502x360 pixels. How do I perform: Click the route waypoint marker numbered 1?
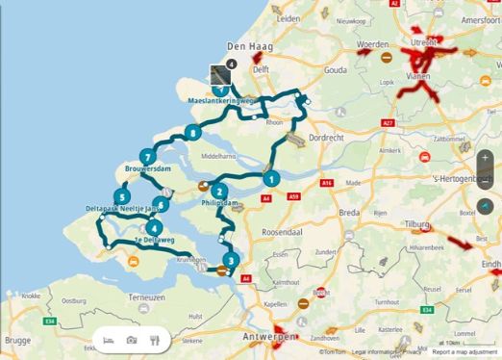point(271,178)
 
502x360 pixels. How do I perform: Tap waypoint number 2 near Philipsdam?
point(219,191)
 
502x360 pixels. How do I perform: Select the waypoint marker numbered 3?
point(230,259)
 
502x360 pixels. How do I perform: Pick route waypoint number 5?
point(119,197)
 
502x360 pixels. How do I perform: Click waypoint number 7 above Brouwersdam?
point(147,157)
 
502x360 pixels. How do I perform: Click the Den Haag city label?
point(245,46)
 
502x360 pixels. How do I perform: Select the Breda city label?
point(333,211)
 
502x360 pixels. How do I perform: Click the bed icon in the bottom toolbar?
point(108,340)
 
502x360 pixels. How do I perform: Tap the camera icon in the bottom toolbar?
point(132,340)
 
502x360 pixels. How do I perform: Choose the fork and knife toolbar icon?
point(154,340)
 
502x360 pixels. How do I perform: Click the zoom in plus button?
point(486,158)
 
